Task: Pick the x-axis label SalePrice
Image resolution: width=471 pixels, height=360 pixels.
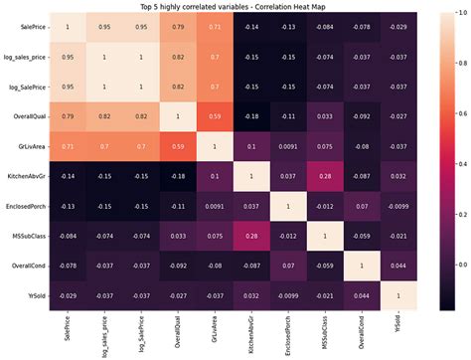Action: pyautogui.click(x=68, y=330)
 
